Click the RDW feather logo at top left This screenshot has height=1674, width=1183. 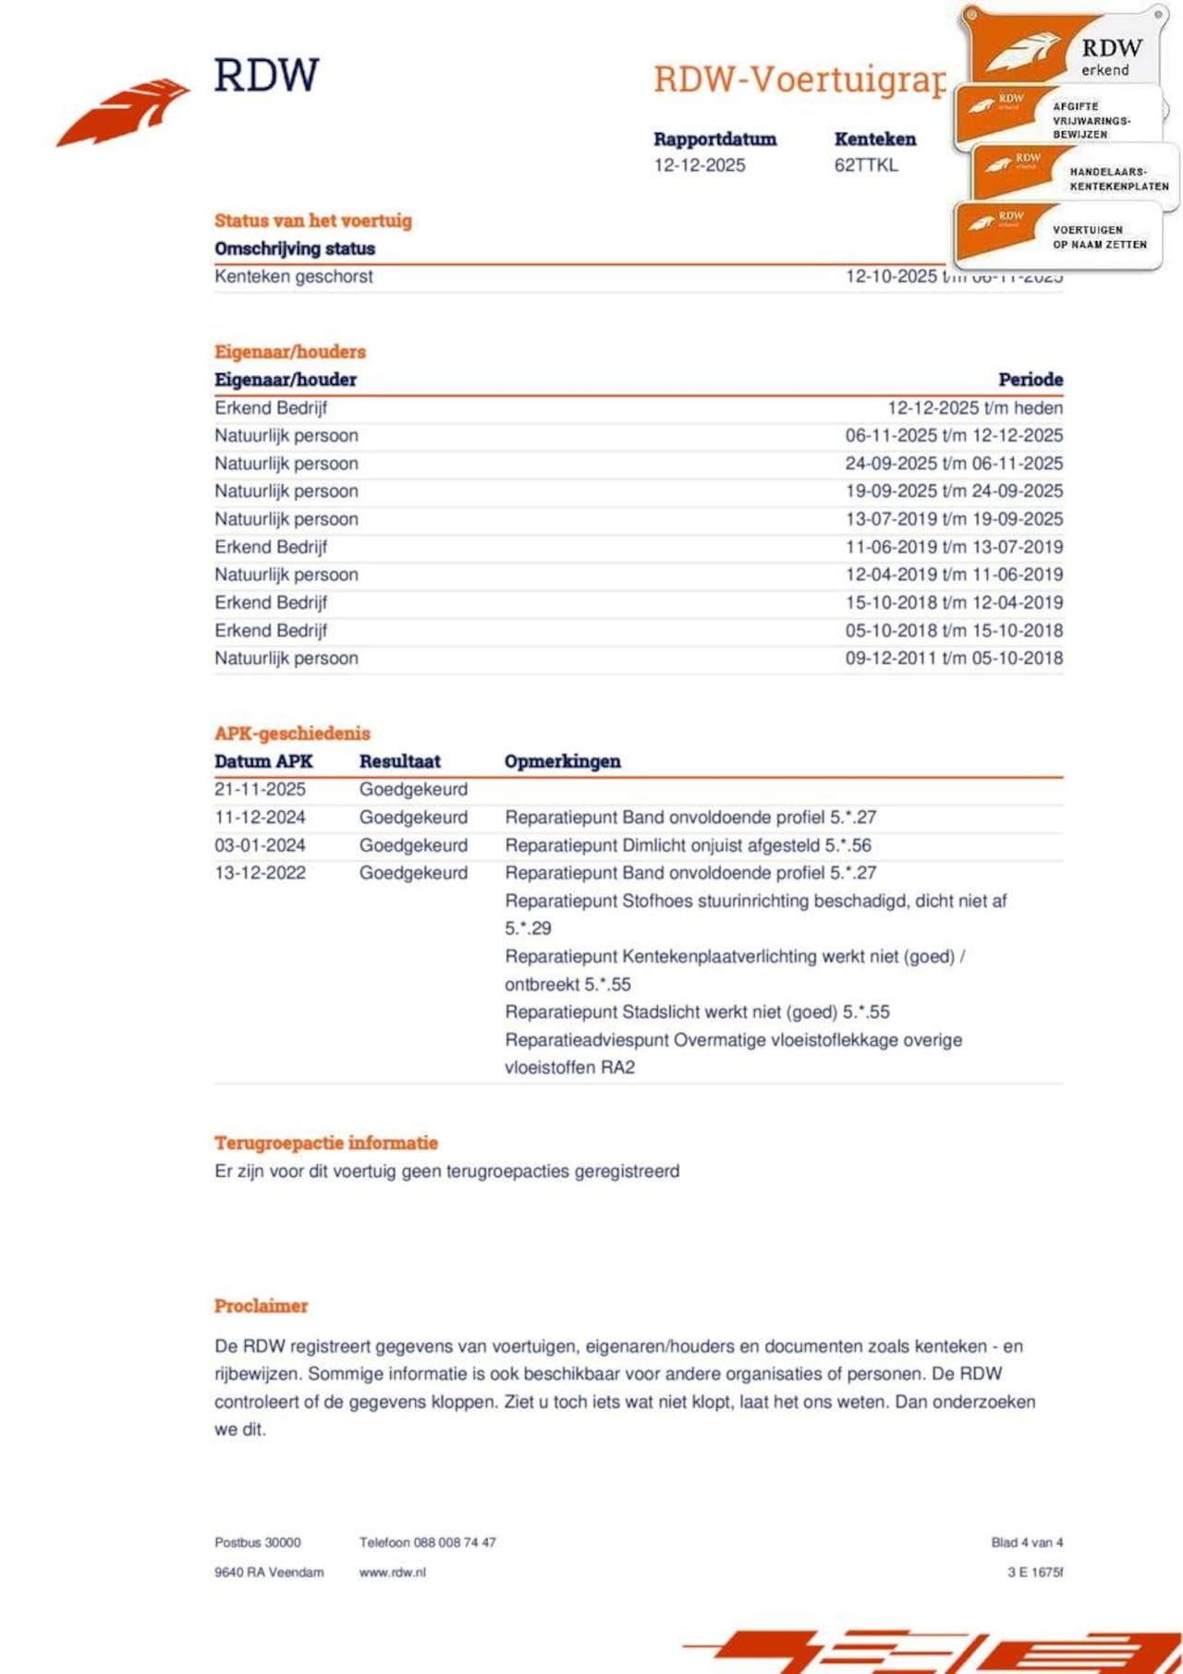coord(125,111)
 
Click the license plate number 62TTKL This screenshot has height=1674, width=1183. coord(866,165)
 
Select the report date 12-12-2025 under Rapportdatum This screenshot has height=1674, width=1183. coord(700,165)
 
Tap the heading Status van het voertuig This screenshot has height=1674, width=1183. coord(313,221)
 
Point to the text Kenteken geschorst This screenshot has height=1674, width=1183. coord(294,276)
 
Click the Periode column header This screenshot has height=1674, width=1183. coord(1030,380)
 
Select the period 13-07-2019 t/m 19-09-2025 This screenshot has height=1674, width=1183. coord(954,519)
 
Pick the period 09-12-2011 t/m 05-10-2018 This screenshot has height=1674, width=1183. coord(954,659)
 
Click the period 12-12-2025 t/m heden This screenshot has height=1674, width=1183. coord(975,408)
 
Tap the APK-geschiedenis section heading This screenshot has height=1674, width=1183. coord(292,734)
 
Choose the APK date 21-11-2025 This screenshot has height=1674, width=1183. coord(260,790)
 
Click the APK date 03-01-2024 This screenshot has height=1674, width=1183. coord(260,845)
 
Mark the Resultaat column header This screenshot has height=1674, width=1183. coord(399,761)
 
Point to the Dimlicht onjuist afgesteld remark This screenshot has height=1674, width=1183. coord(688,845)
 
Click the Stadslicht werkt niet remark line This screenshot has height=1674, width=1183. coord(697,1013)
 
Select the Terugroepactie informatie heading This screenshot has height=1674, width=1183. coord(326,1143)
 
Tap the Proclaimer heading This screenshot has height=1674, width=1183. coord(261,1306)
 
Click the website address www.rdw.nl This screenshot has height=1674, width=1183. coord(393,1572)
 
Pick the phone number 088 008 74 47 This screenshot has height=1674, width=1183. coord(455,1543)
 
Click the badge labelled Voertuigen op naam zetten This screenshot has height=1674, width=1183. coord(1058,237)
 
